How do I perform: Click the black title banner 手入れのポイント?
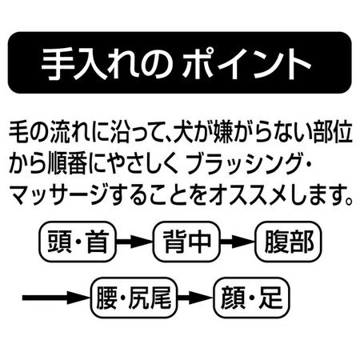(x=180, y=62)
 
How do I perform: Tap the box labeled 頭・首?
(x=78, y=242)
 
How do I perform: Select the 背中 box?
(x=187, y=242)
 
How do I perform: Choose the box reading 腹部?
(x=289, y=242)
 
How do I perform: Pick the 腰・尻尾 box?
(x=134, y=298)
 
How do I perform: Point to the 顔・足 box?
(x=251, y=298)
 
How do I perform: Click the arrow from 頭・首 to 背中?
(x=135, y=242)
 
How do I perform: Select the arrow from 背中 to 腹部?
(x=238, y=242)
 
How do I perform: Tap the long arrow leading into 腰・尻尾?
(x=57, y=298)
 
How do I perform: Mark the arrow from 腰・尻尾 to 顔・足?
(x=196, y=298)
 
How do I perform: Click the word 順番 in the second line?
(x=67, y=163)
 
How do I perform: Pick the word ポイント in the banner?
(x=246, y=64)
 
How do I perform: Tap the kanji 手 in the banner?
(x=57, y=64)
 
